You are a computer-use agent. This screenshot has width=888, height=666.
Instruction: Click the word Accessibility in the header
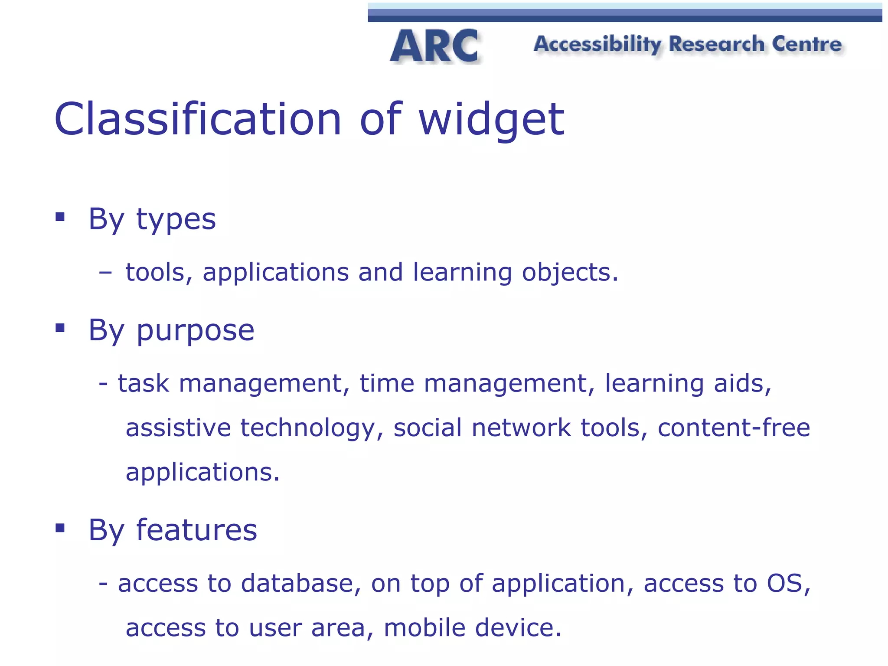(x=597, y=45)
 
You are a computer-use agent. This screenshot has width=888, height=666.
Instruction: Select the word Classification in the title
(x=198, y=119)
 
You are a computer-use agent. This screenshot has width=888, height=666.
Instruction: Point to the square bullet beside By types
(x=60, y=216)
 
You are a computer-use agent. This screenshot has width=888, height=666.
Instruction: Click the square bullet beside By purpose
(x=60, y=328)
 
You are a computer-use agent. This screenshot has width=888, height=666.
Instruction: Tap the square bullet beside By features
(x=60, y=528)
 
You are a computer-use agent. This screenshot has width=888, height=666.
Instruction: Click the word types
(x=176, y=220)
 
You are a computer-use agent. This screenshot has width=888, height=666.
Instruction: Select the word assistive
(x=178, y=428)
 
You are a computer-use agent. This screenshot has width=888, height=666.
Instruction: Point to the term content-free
(x=734, y=428)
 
